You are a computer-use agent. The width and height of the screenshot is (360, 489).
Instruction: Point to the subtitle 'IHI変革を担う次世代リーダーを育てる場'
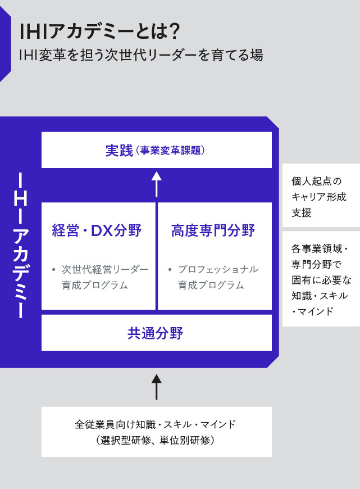pos(141,55)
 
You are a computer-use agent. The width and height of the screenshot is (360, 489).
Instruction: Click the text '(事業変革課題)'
pos(170,151)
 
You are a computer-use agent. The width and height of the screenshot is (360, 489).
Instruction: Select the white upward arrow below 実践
pos(157,183)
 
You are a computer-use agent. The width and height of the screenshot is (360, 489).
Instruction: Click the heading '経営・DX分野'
pos(97,230)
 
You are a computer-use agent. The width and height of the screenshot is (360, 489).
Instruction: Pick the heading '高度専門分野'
pos(213,230)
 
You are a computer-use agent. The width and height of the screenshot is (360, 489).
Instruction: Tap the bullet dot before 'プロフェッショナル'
pos(170,269)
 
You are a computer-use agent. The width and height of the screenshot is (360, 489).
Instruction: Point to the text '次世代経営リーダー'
pos(104,269)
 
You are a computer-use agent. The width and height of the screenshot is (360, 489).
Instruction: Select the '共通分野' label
pos(155,333)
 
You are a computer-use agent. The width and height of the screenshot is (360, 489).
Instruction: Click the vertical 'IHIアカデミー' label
pos(20,246)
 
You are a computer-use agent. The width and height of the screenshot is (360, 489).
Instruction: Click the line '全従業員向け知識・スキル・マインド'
pos(155,424)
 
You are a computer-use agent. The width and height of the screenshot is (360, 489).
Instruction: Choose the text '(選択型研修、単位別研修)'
pos(155,440)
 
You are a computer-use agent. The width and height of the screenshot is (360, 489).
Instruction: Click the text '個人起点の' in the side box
pos(317,181)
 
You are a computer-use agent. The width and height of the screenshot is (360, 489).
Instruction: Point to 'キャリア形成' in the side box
pos(319,197)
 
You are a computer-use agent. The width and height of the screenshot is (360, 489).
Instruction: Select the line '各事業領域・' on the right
pos(320,247)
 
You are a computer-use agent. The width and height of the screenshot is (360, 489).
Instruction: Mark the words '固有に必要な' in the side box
pos(321,279)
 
